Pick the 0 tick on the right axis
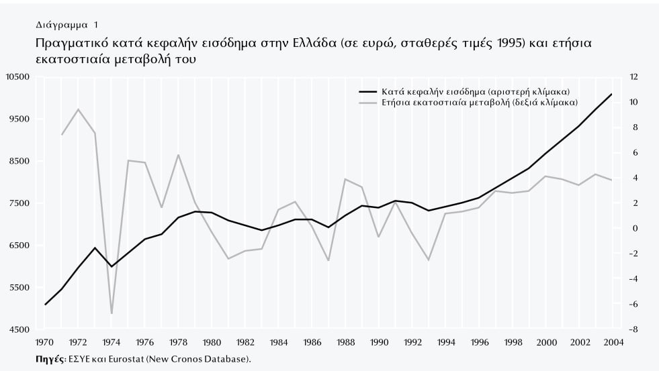tap(633, 229)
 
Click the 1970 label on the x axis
tap(45, 343)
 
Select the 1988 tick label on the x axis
tap(345, 343)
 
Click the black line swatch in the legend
tap(367, 91)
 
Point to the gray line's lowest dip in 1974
tap(112, 313)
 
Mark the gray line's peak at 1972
tap(79, 109)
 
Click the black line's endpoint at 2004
tap(612, 94)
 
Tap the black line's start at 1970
tap(46, 305)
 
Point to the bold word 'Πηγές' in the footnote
tap(50, 360)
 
